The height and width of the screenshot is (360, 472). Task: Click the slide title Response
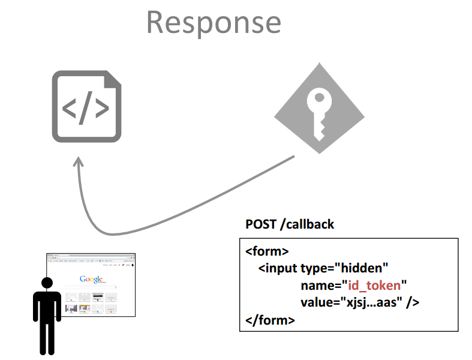(214, 23)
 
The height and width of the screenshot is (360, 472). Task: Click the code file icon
(87, 106)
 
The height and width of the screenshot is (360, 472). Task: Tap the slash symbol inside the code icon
(86, 108)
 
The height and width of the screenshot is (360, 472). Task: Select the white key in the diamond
(319, 113)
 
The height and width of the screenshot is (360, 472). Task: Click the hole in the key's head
(319, 97)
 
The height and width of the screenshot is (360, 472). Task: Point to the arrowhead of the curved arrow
(78, 161)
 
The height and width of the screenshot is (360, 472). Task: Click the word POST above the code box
(261, 224)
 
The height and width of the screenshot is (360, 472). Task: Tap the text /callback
(307, 224)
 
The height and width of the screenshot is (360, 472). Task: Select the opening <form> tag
(267, 251)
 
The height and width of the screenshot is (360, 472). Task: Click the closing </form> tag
(270, 320)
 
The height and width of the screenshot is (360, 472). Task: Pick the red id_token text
(374, 286)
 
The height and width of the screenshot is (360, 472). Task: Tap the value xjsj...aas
(374, 302)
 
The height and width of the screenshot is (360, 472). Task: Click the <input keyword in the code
(278, 268)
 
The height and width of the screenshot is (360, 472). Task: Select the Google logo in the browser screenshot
(91, 279)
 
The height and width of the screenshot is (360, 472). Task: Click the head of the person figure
(47, 283)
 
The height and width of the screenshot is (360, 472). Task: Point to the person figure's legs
(47, 337)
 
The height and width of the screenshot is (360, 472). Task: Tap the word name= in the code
(321, 286)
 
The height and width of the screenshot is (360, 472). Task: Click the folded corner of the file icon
(113, 79)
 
